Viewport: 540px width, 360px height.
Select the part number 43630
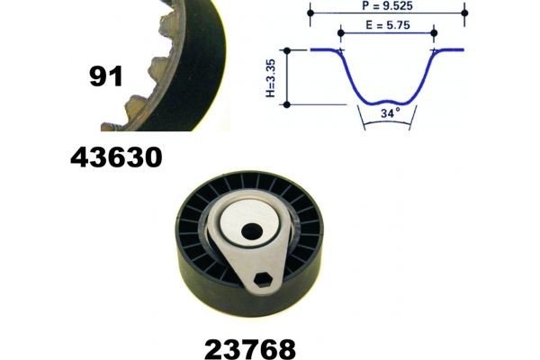pyautogui.click(x=116, y=158)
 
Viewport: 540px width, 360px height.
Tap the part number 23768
pyautogui.click(x=249, y=347)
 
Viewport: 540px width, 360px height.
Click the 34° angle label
pyautogui.click(x=388, y=114)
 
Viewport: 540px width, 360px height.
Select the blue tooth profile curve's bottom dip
pyautogui.click(x=388, y=97)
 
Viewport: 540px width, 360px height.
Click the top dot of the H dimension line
pyautogui.click(x=287, y=50)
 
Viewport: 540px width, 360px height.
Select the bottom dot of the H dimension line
pyautogui.click(x=287, y=104)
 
